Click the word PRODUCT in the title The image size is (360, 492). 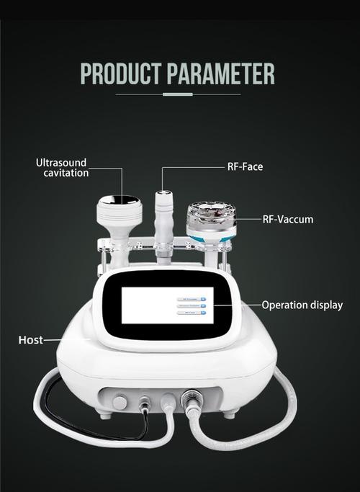[122, 74]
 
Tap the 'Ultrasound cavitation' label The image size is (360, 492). [63, 168]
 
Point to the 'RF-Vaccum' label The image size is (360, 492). [287, 219]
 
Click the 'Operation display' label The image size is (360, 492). [302, 305]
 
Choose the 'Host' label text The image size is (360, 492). [30, 339]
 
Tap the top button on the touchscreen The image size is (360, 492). [192, 297]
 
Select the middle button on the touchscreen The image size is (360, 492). [192, 305]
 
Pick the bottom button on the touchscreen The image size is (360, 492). [192, 314]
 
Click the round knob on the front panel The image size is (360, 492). [120, 401]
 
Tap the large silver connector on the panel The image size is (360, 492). [192, 398]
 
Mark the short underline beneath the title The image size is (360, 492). [177, 94]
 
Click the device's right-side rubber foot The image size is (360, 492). [230, 415]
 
